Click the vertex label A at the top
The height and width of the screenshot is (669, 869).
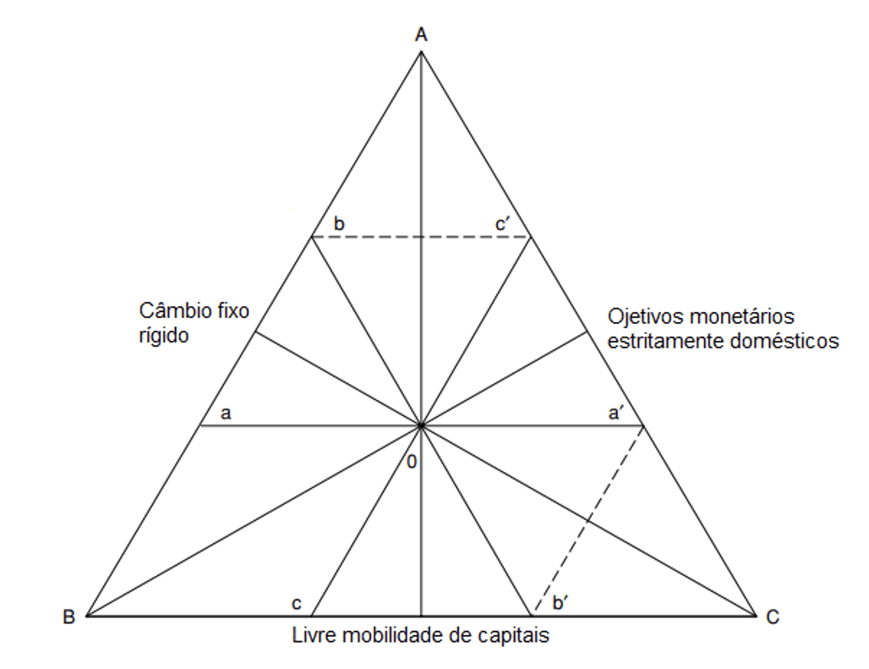(421, 35)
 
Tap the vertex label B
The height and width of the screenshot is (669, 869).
(68, 617)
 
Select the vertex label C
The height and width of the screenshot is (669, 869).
(773, 617)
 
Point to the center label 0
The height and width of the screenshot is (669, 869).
(411, 462)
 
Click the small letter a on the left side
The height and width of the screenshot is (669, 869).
(226, 414)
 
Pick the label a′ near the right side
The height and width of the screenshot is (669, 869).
(615, 413)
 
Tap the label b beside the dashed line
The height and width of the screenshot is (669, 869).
(339, 223)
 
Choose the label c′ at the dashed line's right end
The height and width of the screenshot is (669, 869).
(502, 224)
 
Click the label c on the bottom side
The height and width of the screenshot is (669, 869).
(297, 604)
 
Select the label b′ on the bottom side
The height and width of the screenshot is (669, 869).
(560, 602)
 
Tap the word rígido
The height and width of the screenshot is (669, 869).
(163, 335)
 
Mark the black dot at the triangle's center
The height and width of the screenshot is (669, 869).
(421, 425)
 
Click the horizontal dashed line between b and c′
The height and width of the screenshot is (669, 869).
(421, 237)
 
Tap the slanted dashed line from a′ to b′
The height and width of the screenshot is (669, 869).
(588, 520)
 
